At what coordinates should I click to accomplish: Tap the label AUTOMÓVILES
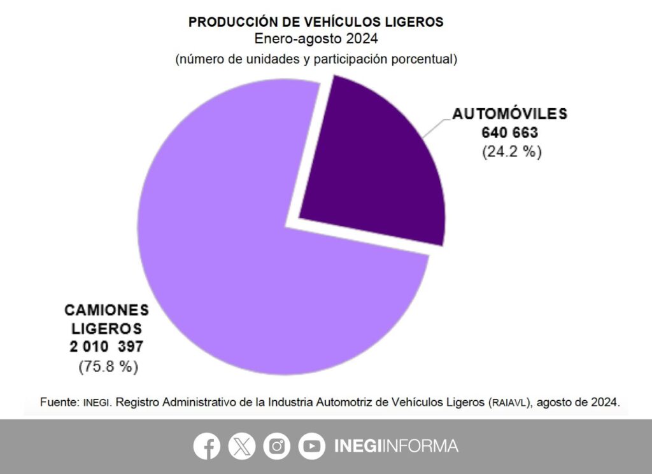(x=509, y=115)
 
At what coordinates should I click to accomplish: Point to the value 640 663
(x=510, y=134)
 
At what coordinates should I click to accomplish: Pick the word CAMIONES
(x=106, y=310)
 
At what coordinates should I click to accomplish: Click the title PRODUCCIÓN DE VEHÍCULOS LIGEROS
(x=316, y=22)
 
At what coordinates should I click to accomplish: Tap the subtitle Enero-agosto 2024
(x=316, y=39)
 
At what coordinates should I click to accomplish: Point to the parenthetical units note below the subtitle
(x=316, y=59)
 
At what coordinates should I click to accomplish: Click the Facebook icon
(x=207, y=446)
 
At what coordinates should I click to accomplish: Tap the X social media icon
(x=241, y=446)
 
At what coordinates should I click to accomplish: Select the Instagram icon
(x=276, y=446)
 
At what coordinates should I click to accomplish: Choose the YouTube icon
(x=311, y=446)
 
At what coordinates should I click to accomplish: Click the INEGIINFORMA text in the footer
(x=396, y=446)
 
